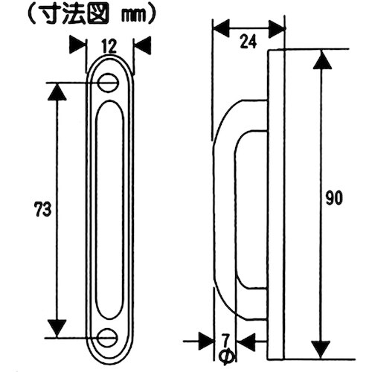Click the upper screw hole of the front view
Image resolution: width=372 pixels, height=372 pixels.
click(x=109, y=83)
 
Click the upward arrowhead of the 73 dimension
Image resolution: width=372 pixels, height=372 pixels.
click(x=56, y=90)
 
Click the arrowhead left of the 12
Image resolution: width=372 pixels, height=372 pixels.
click(x=77, y=44)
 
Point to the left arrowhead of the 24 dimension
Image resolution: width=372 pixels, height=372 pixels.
click(x=220, y=29)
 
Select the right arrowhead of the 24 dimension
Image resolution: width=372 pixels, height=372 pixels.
click(x=277, y=29)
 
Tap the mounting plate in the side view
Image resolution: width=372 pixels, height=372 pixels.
click(x=276, y=201)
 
